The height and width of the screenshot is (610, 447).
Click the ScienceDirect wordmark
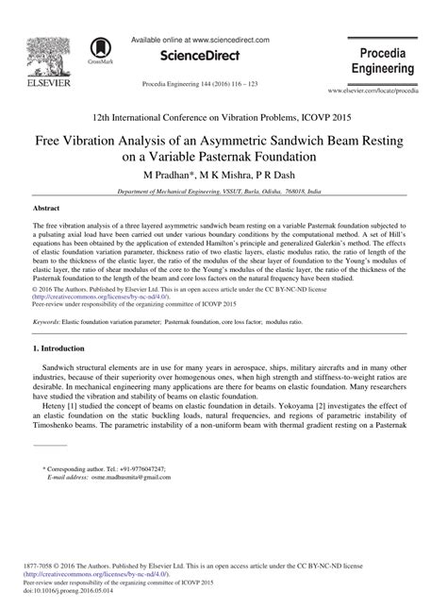(x=196, y=56)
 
